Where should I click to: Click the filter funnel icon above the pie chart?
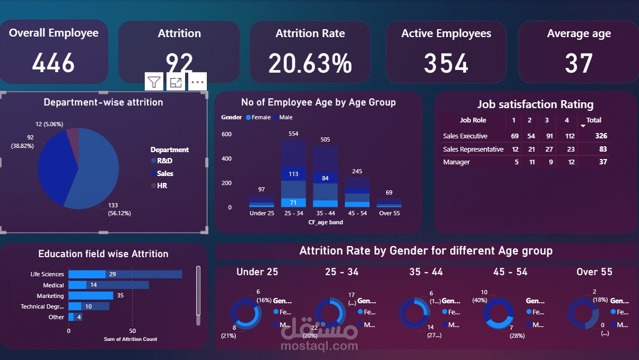coord(154,82)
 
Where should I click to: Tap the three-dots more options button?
coord(197,82)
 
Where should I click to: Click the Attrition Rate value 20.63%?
coord(310,63)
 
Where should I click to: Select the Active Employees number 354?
coord(446,63)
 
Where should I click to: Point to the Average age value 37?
coord(579,64)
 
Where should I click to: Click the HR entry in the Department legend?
coord(161,186)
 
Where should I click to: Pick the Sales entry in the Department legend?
coord(164,173)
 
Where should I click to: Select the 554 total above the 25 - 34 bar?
coord(293,133)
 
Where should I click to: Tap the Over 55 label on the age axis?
coord(389,213)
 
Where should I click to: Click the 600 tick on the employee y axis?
coord(226,135)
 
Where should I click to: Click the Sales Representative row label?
coord(473,150)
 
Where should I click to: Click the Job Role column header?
coord(473,120)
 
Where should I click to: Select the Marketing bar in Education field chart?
coord(91,296)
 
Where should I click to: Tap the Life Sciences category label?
coord(47,274)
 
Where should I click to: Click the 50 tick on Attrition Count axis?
coord(133,331)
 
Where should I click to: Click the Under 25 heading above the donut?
coord(257,272)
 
